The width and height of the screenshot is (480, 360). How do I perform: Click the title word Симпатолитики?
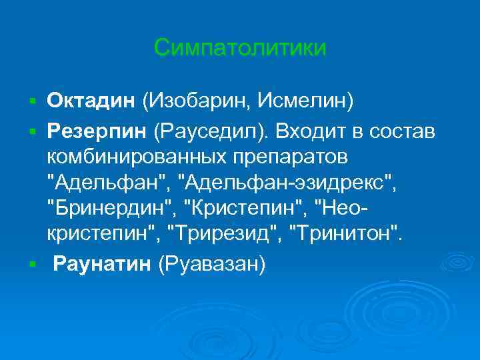(x=240, y=47)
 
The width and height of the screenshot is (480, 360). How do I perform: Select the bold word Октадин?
(x=91, y=101)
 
